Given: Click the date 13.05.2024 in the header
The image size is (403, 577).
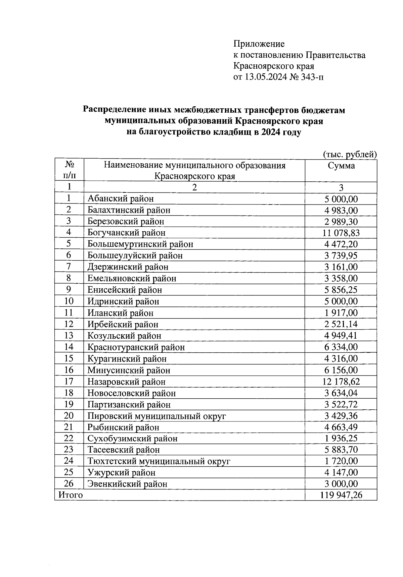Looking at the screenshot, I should (266, 77).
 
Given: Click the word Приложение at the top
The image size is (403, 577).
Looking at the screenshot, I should (259, 44).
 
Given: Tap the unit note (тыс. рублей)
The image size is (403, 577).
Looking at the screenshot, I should (350, 154).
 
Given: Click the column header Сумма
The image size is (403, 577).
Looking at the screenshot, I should (341, 166).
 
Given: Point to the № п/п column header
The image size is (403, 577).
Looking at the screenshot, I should (69, 170).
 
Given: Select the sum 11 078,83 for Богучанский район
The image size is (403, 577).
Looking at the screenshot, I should (341, 233).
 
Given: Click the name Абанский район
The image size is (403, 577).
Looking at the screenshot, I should (121, 198).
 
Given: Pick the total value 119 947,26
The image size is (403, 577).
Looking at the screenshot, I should (341, 495).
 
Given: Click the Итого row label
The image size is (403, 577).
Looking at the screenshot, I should (71, 495).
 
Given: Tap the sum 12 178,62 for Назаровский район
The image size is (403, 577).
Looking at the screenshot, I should (341, 382).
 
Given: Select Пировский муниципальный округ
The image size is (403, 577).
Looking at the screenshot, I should (156, 416).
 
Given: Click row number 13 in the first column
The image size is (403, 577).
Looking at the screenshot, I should (69, 336).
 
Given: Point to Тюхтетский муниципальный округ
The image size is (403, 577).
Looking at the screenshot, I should (159, 461).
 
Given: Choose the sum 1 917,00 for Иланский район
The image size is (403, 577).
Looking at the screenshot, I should (341, 313).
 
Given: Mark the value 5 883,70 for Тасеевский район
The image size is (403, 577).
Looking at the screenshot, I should (341, 450).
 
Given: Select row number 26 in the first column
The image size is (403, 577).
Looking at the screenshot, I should (69, 483).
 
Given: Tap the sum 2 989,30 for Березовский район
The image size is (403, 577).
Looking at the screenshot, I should (341, 221).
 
